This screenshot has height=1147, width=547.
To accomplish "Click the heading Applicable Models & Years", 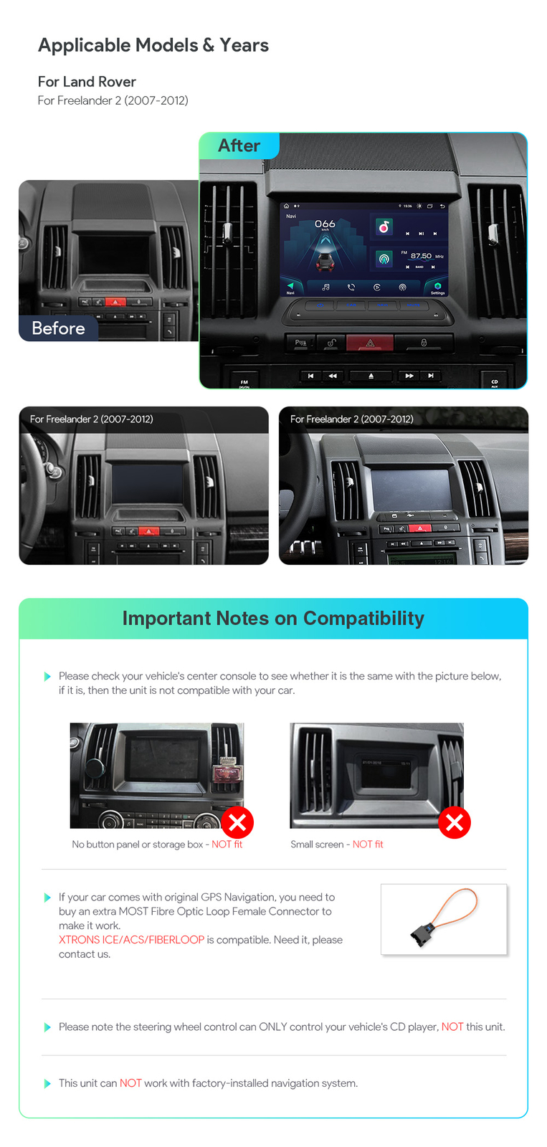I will tap(153, 45).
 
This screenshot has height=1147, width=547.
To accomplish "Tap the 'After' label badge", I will tap(239, 146).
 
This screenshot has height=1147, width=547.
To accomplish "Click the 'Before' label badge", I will tap(58, 328).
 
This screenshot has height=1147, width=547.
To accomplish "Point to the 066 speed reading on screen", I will tap(325, 224).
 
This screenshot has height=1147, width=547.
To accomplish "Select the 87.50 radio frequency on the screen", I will tap(421, 256).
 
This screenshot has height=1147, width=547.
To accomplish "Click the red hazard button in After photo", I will tap(370, 343).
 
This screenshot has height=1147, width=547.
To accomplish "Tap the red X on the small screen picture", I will tap(454, 822).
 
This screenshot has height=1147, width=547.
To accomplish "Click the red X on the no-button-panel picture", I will tap(237, 822).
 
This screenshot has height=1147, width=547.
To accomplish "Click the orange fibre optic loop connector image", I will tap(444, 918).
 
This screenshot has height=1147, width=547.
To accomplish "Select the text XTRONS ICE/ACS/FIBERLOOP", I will tap(131, 940).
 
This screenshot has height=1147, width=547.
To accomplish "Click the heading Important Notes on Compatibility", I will tap(273, 618).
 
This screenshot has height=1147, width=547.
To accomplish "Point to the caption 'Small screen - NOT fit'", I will tap(336, 844).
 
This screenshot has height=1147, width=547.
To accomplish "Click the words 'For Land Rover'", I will tap(87, 82).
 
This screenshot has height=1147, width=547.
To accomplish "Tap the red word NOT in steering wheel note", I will tap(452, 1027).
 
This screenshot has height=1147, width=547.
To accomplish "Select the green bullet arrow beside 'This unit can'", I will tap(47, 1083).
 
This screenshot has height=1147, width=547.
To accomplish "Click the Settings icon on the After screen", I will tap(437, 287).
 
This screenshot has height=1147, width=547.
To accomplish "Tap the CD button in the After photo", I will tap(494, 381).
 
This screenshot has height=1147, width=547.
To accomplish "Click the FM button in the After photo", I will tap(244, 382).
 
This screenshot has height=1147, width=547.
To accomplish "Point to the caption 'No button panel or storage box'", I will tap(138, 844).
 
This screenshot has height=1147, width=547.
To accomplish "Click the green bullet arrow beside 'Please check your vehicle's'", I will tap(47, 676).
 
